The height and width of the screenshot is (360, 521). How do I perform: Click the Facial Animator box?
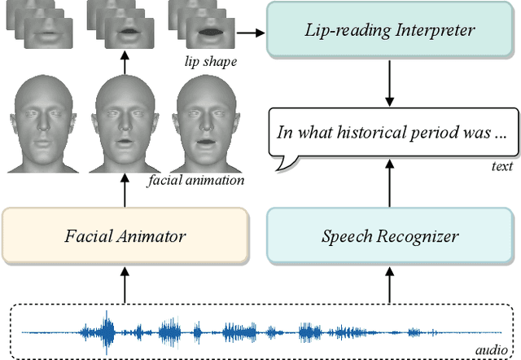coord(125,236)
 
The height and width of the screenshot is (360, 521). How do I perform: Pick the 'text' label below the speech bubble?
coord(501,167)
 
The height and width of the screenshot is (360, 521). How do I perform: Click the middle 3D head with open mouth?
coord(125,122)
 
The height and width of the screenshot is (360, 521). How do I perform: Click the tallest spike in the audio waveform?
coord(107,331)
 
